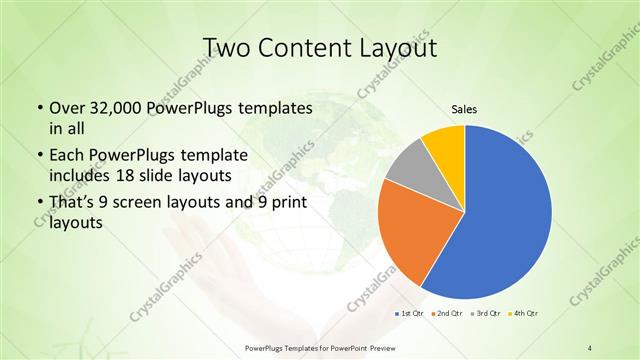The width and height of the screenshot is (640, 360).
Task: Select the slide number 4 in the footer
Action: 590,347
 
